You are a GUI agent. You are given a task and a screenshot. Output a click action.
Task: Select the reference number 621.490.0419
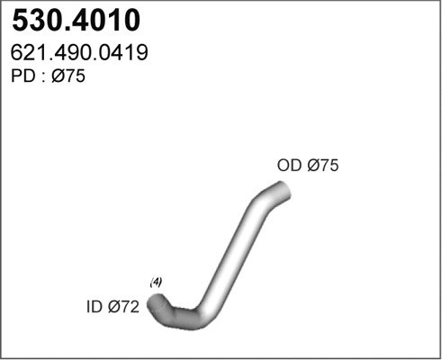(x=79, y=54)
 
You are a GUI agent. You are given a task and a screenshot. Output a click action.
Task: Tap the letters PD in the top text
(x=23, y=78)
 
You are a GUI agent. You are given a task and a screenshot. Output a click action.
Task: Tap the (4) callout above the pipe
(x=156, y=283)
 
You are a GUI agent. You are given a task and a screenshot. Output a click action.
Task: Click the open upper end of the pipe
(x=283, y=191)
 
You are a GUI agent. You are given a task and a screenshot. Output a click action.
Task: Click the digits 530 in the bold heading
(x=37, y=20)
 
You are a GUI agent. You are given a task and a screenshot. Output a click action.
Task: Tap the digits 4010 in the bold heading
(x=105, y=20)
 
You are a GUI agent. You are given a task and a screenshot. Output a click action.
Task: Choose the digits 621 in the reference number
(x=28, y=54)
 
